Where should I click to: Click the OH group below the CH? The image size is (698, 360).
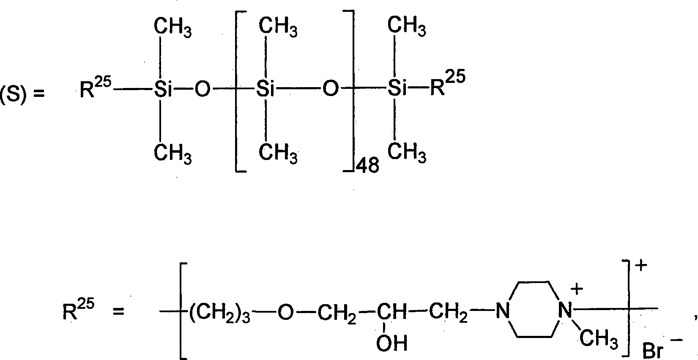(x=391, y=343)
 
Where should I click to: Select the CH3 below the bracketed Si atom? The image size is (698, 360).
(x=278, y=153)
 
